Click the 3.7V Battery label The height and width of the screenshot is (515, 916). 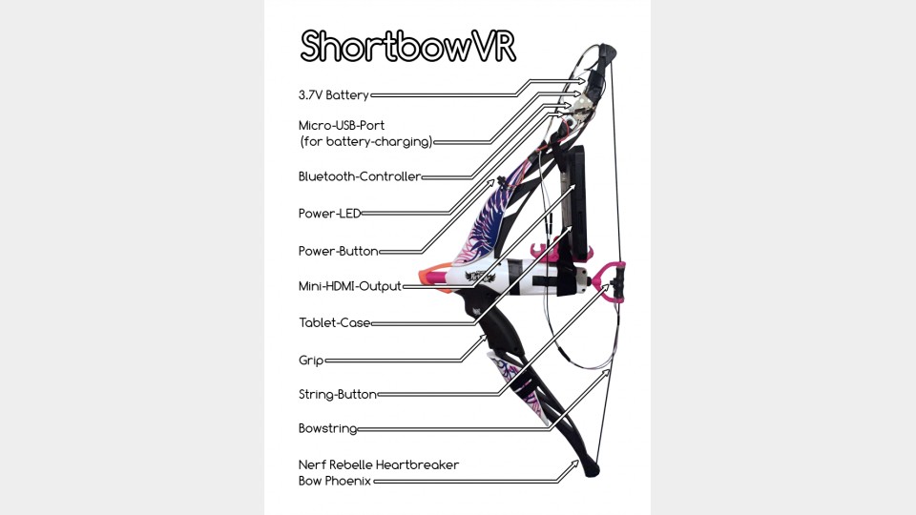[333, 95]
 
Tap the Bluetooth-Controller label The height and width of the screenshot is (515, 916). [360, 176]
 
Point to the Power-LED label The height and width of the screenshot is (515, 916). [330, 214]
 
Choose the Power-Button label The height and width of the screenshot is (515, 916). [338, 252]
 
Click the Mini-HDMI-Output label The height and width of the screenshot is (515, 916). [349, 286]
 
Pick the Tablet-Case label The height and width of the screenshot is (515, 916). [334, 323]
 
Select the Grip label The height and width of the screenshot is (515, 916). [311, 360]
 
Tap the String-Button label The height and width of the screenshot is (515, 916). [337, 394]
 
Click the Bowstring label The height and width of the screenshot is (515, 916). [327, 430]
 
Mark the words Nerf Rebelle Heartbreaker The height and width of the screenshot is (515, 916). [379, 464]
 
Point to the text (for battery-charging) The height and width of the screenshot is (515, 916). [365, 142]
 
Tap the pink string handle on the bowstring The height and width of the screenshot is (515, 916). [611, 279]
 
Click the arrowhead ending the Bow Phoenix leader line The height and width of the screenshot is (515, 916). [575, 464]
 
